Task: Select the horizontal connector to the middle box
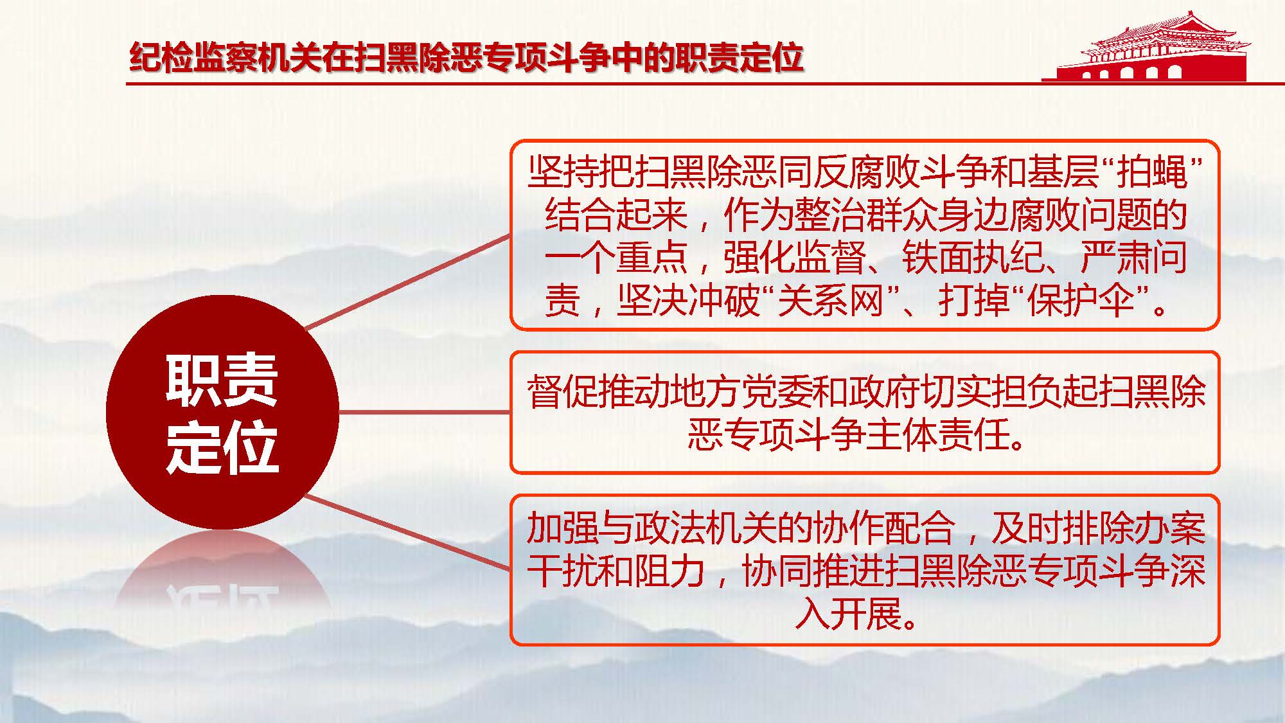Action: tap(424, 412)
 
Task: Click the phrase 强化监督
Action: tap(794, 257)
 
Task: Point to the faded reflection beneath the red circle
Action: tap(222, 572)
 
